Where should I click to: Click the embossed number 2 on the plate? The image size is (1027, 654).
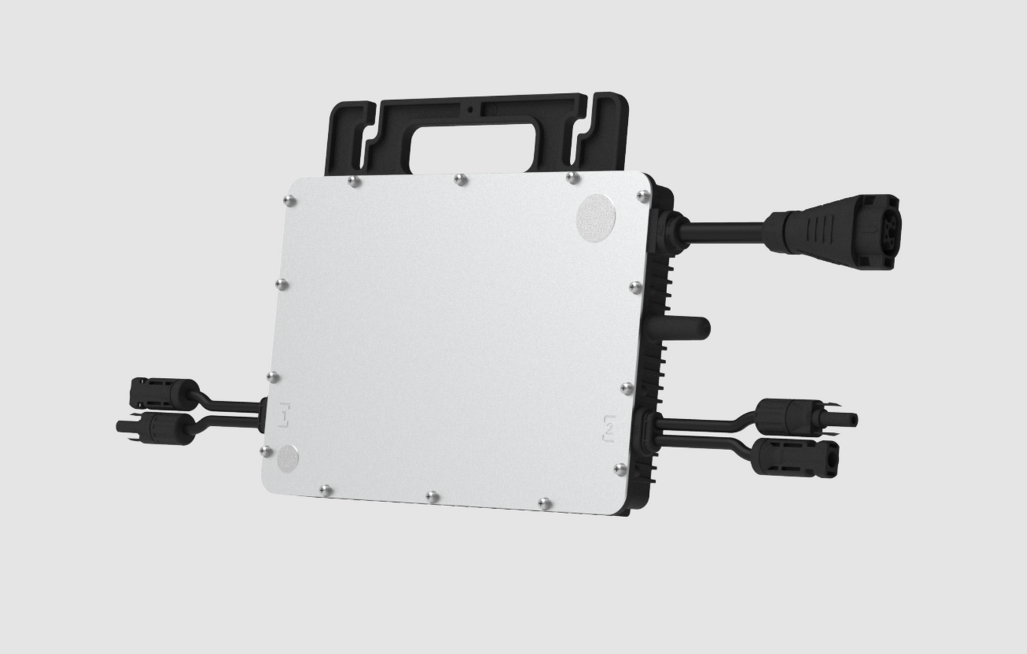click(x=609, y=429)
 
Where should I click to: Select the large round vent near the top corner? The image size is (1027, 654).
click(x=596, y=217)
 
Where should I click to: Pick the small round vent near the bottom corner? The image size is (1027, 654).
click(x=288, y=458)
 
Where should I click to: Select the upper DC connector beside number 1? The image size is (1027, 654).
click(x=164, y=393)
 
